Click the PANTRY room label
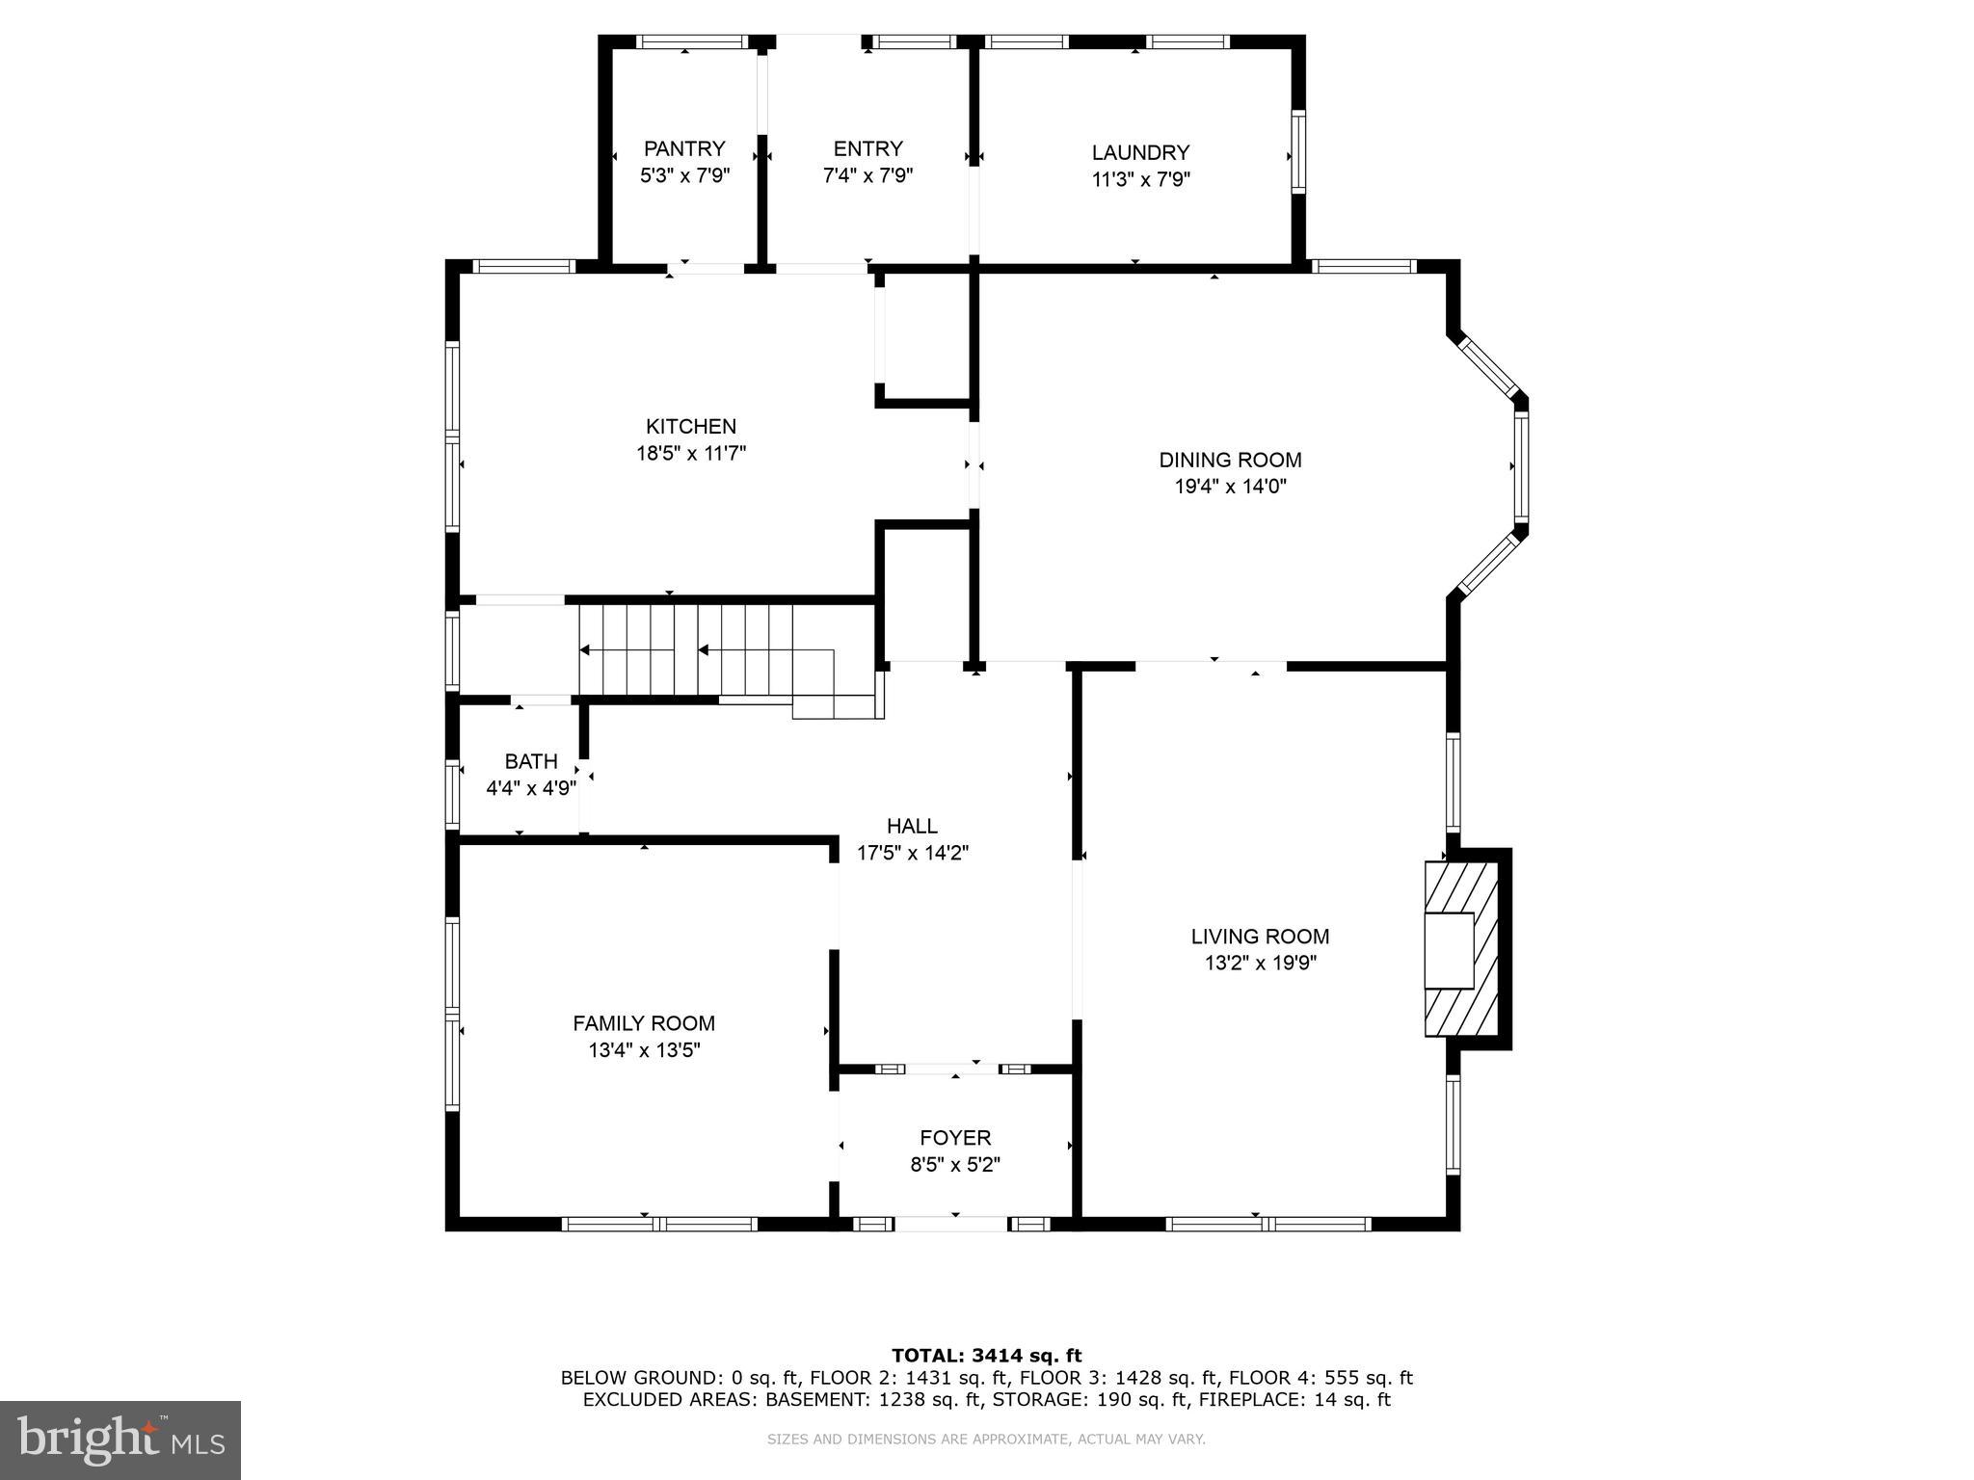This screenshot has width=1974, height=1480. (x=684, y=148)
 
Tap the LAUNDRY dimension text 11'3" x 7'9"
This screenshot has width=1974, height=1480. (x=1141, y=179)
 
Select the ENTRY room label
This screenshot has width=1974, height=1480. (x=867, y=148)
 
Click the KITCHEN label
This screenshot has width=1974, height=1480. (x=691, y=426)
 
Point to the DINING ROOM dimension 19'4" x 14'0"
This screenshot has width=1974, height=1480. (x=1230, y=487)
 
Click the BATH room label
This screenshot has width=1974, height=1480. (x=531, y=761)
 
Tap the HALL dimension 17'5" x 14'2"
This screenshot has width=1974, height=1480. (x=912, y=853)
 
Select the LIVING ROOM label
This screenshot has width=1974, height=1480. (x=1260, y=936)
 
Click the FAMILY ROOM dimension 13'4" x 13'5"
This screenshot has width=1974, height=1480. (x=644, y=1050)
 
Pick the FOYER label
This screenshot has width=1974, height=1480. (x=955, y=1138)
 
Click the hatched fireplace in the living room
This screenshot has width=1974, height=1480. (x=1461, y=949)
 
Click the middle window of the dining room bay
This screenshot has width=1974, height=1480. (x=1520, y=466)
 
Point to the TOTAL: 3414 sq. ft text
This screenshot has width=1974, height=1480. (x=986, y=1357)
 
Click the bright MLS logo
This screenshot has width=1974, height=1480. (x=120, y=1440)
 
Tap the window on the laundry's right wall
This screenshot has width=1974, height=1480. (x=1298, y=151)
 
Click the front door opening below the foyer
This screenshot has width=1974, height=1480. (x=951, y=1224)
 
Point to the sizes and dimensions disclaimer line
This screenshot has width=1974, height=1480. (x=986, y=1440)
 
